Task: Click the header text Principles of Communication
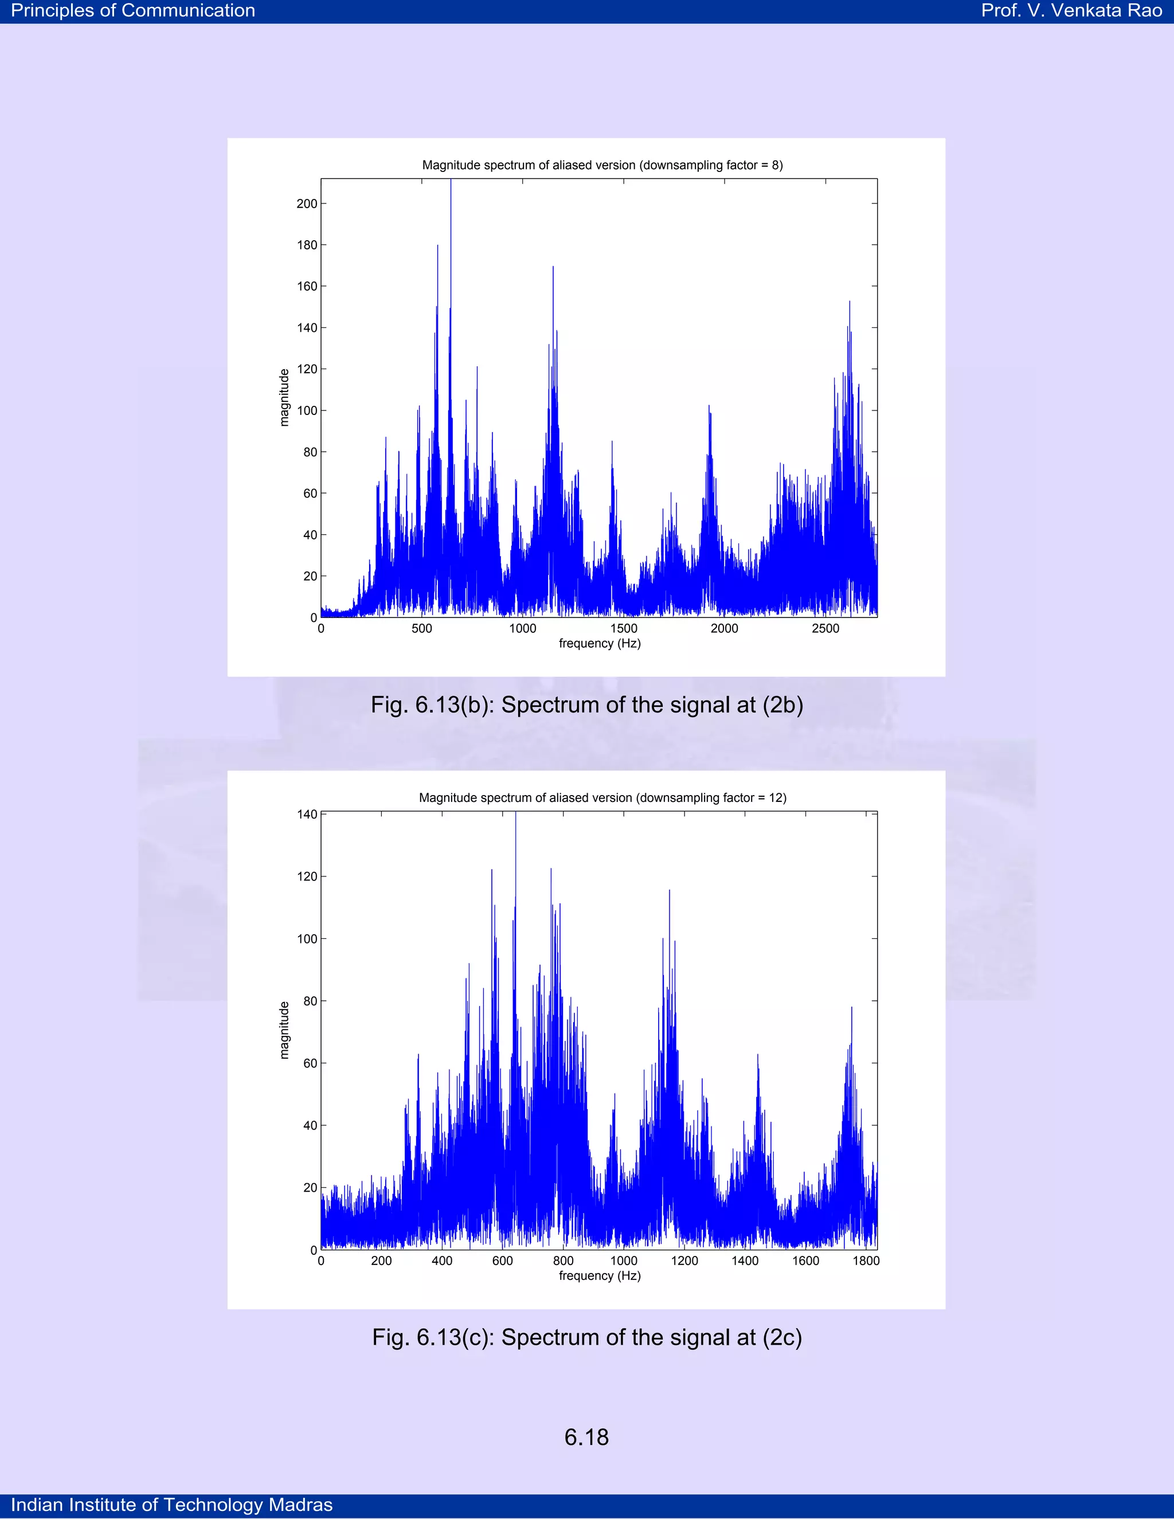tap(133, 10)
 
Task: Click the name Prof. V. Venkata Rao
tap(1071, 10)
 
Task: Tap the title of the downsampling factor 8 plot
tap(602, 165)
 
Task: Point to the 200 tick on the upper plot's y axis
tap(307, 204)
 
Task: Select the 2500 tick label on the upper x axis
tap(825, 629)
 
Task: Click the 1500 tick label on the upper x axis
tap(623, 629)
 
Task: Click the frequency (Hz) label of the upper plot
tap(600, 643)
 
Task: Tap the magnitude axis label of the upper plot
tap(284, 397)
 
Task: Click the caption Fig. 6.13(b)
tap(586, 704)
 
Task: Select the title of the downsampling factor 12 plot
tap(602, 798)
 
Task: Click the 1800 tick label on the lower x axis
tap(866, 1261)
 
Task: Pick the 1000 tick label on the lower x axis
tap(623, 1261)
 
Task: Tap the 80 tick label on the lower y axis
tap(310, 1001)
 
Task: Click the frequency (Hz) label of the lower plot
tap(600, 1275)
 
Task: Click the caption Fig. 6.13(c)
tap(586, 1337)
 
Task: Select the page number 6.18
tap(586, 1437)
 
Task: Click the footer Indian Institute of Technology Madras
tap(172, 1505)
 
